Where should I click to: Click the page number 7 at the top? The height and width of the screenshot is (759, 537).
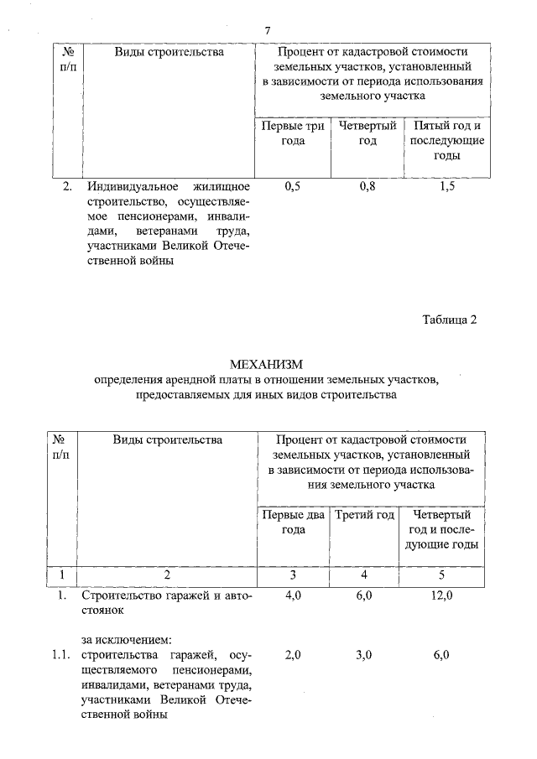(x=267, y=31)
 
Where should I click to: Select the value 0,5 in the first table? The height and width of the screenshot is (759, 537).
(x=293, y=186)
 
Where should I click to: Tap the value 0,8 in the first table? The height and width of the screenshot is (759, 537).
(x=367, y=186)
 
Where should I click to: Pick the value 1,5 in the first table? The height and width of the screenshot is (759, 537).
(x=446, y=186)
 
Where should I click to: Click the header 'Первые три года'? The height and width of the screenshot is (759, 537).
(x=293, y=133)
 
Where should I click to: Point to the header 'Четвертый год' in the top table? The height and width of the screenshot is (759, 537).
(x=367, y=133)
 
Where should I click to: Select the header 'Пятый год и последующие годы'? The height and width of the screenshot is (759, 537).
(x=446, y=141)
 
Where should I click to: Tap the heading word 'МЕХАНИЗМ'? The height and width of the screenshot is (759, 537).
(x=266, y=364)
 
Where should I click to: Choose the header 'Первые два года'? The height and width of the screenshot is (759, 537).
(x=293, y=522)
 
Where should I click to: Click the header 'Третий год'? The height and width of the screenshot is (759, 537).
(x=365, y=514)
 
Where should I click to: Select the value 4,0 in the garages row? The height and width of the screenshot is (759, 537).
(x=293, y=595)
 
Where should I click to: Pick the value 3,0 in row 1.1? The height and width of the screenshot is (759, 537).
(x=364, y=654)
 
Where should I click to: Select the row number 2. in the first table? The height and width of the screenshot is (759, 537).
(x=67, y=186)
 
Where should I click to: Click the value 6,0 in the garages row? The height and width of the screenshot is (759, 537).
(x=364, y=595)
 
